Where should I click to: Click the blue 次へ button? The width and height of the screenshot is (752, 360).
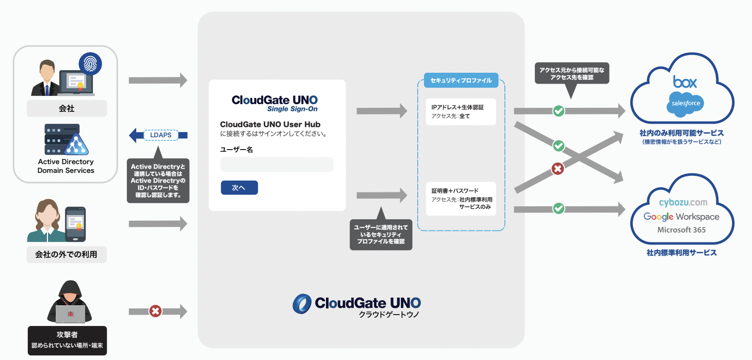tap(239, 188)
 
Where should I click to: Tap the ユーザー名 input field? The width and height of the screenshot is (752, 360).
tap(276, 165)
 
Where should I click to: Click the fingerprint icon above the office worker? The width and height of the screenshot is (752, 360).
tap(90, 64)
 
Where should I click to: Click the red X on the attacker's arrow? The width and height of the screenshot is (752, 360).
tap(155, 312)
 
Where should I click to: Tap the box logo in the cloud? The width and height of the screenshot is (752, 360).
tap(684, 82)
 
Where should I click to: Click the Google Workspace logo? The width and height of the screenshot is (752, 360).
tap(681, 217)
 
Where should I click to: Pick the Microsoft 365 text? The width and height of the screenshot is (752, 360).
tap(681, 230)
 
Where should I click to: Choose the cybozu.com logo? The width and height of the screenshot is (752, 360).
tap(683, 203)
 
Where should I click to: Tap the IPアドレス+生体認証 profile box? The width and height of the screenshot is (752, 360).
tap(461, 111)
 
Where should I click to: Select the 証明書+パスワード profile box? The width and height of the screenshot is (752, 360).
tap(461, 199)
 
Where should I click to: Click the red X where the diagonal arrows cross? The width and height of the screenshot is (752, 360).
tap(557, 168)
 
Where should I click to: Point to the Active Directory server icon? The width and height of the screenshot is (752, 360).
tap(64, 139)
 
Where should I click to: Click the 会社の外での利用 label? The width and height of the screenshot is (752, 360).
tap(66, 254)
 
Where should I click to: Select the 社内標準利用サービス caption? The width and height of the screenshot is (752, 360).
tap(681, 253)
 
